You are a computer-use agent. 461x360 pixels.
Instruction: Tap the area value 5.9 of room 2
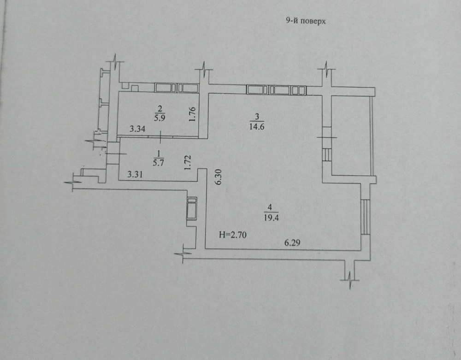(160, 118)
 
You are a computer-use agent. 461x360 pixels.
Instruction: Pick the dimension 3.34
(137, 130)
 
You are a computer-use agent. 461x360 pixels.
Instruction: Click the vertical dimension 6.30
(219, 177)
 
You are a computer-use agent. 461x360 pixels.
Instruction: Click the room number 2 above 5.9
(160, 109)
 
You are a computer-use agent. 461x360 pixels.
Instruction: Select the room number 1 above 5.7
(159, 153)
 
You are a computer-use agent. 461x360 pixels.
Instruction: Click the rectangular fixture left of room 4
(192, 208)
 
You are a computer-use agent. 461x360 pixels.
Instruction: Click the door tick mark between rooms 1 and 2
(160, 136)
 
